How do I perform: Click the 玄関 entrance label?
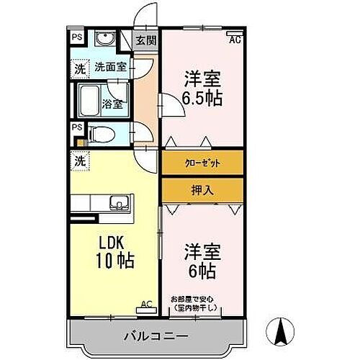(146, 40)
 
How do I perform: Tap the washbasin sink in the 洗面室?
(104, 40)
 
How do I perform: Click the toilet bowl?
(100, 132)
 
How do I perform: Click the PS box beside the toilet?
(76, 127)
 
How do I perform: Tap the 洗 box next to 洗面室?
(77, 69)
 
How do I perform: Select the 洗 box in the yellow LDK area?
(77, 161)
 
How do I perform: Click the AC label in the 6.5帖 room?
(234, 40)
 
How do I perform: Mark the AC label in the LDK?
(146, 303)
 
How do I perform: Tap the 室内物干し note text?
(196, 309)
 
